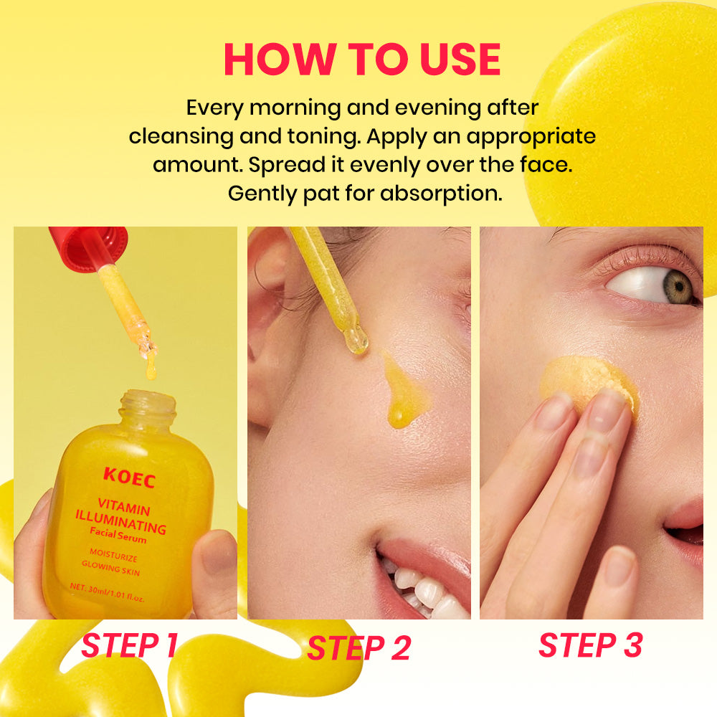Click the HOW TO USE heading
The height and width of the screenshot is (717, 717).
pyautogui.click(x=362, y=59)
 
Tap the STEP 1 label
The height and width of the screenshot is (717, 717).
pyautogui.click(x=129, y=645)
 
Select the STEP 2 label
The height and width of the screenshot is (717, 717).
pyautogui.click(x=359, y=648)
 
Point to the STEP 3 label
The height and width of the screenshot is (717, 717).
pyautogui.click(x=590, y=645)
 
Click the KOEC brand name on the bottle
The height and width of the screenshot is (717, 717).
pyautogui.click(x=129, y=478)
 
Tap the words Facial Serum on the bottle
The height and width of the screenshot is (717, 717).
pyautogui.click(x=118, y=535)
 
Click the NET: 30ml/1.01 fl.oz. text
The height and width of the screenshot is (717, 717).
pyautogui.click(x=107, y=593)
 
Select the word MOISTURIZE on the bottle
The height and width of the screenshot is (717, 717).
pyautogui.click(x=113, y=555)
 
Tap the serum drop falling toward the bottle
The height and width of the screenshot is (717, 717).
pyautogui.click(x=151, y=368)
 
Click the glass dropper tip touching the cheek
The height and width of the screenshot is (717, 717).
pyautogui.click(x=356, y=341)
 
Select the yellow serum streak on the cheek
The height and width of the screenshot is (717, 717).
pyautogui.click(x=402, y=391)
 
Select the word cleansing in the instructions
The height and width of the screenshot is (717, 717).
pyautogui.click(x=181, y=137)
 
